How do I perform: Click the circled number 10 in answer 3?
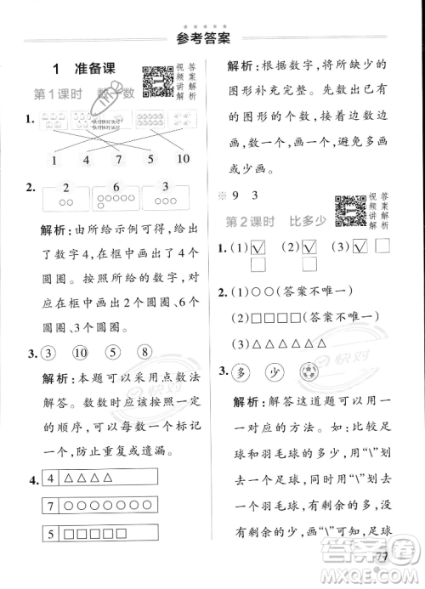click(82, 354)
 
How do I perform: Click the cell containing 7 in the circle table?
click(52, 508)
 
